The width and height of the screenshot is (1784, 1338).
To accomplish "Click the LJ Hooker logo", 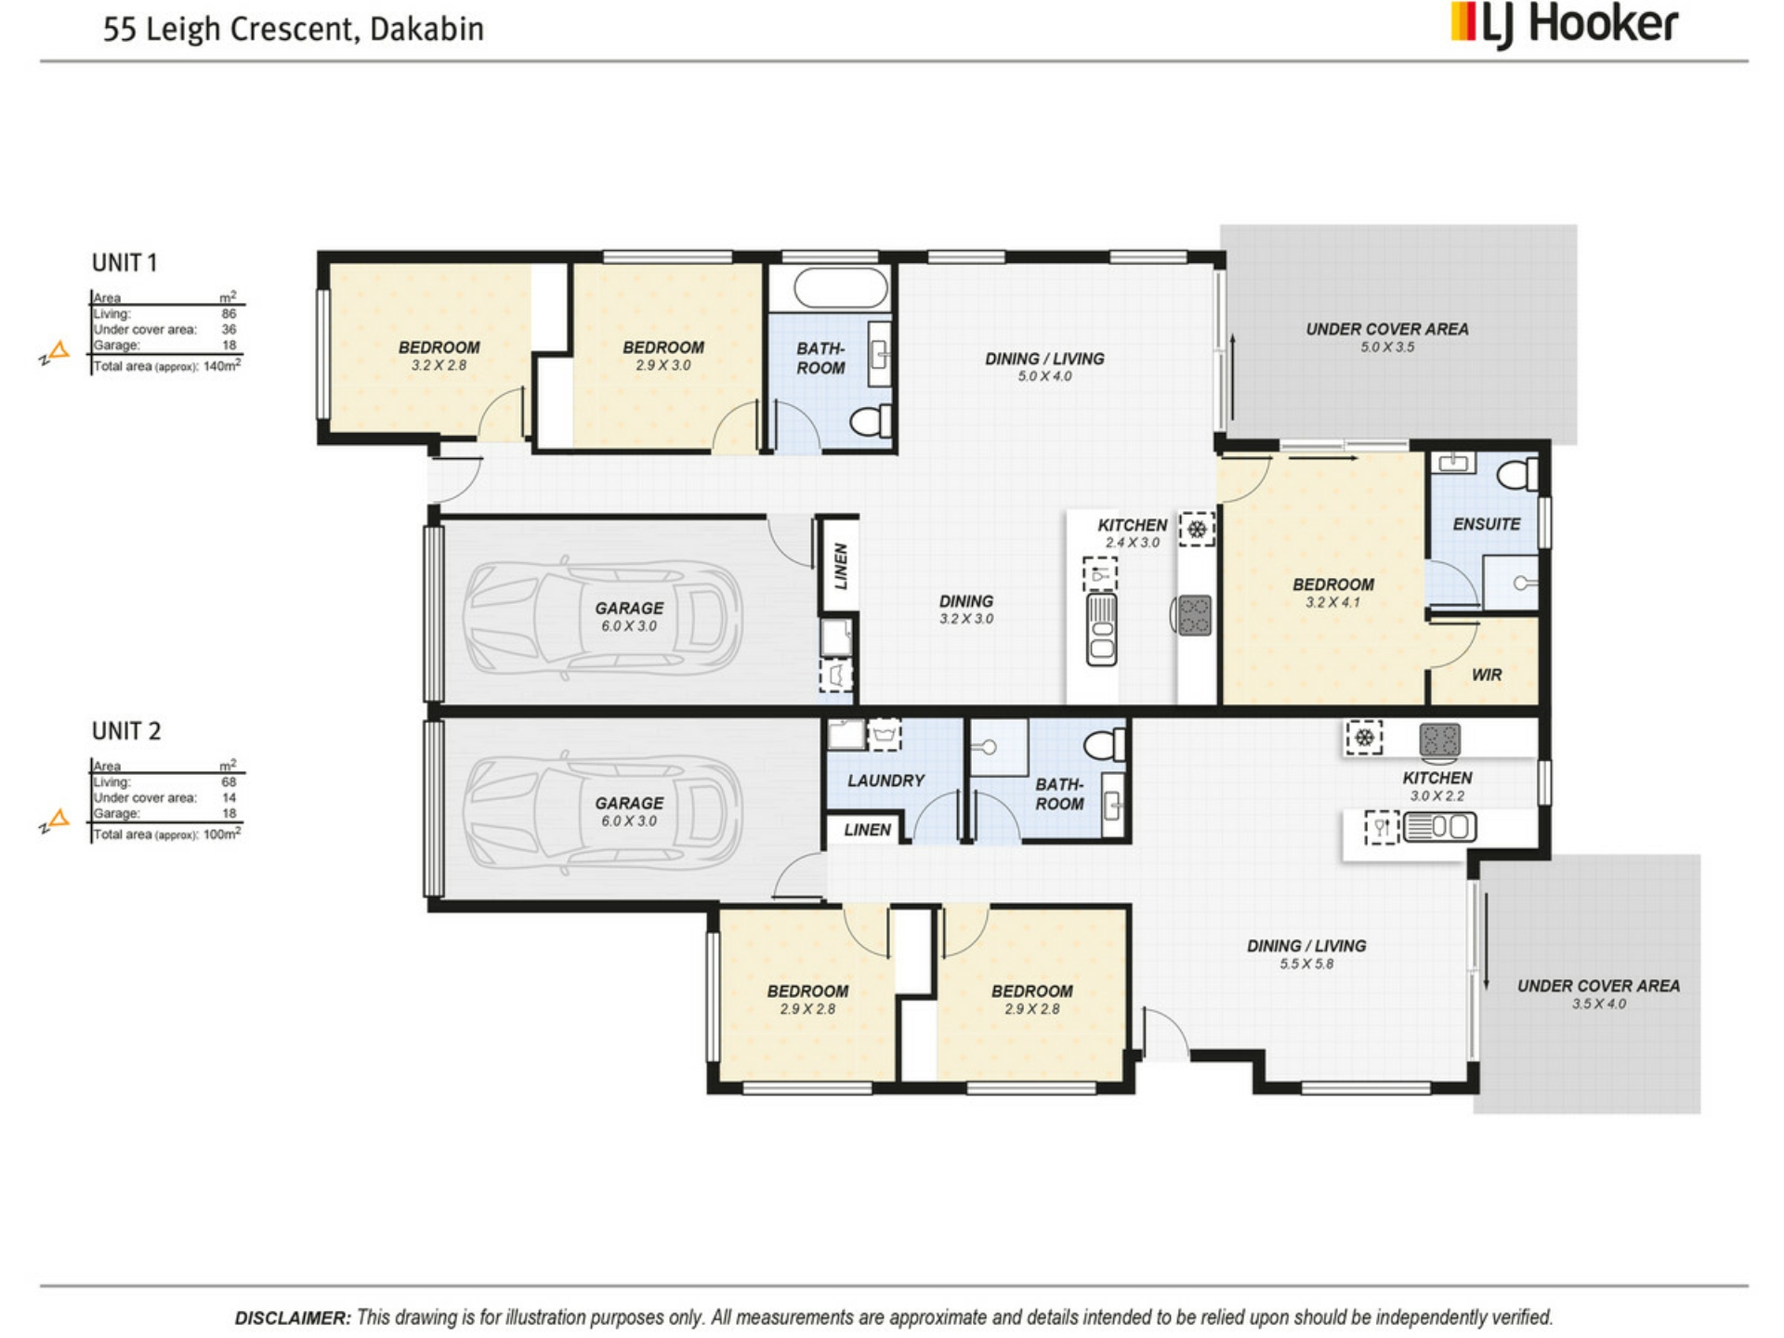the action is pos(1565,25).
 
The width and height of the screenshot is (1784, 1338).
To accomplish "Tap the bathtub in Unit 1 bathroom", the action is pos(841,288).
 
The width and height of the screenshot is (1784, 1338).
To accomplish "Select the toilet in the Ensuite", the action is pos(1517,474).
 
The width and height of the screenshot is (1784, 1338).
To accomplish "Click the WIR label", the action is pos(1487,675).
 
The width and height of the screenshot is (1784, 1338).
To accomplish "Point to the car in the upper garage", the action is pos(603,617).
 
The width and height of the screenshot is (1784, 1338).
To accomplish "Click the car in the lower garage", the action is pos(603,812).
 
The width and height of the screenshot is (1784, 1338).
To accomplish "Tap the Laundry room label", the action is pos(885,780).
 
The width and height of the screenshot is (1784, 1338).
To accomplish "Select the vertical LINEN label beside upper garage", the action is pos(841,566).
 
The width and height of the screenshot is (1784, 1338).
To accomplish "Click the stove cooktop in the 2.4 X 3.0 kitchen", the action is pos(1195,615).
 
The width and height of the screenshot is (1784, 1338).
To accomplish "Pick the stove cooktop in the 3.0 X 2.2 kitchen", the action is pos(1439,740).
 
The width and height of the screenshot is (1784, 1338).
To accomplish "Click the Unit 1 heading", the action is pos(125,263).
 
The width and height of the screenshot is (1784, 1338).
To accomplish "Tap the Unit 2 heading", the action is pos(126,731).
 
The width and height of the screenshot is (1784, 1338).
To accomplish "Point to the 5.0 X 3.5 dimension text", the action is pos(1387,347).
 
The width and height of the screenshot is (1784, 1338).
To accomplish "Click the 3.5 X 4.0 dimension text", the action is pos(1599,1003).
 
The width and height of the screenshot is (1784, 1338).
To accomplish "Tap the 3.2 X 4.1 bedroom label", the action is pos(1333,593).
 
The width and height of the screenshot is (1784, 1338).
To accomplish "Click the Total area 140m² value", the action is pos(222,365).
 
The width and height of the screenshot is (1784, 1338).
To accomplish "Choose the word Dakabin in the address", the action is pos(426,29).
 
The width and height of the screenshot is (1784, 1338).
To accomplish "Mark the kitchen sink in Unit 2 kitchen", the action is pos(1439,826).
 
